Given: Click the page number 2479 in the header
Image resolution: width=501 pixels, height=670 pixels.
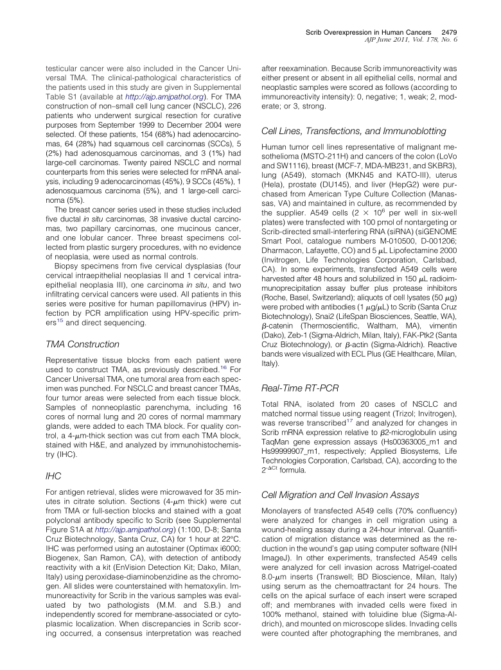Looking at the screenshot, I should click(447, 31).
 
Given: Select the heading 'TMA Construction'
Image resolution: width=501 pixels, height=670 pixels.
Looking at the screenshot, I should click(83, 344).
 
